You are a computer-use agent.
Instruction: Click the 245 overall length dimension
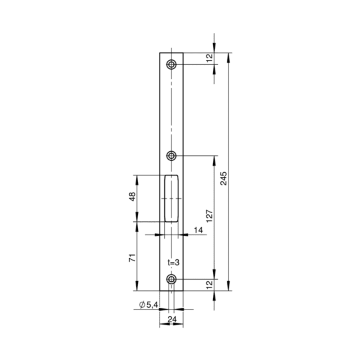223,178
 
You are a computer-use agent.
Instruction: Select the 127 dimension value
210,216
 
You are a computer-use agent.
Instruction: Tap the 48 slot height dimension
132,197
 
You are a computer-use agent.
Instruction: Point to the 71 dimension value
132,258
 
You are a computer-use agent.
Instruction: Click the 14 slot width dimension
198,230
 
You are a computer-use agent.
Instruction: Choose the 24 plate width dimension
172,319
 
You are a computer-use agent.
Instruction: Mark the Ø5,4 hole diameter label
148,305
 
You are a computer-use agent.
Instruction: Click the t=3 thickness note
173,262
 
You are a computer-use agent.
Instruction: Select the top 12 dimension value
210,58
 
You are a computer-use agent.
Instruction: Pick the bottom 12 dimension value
210,285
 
